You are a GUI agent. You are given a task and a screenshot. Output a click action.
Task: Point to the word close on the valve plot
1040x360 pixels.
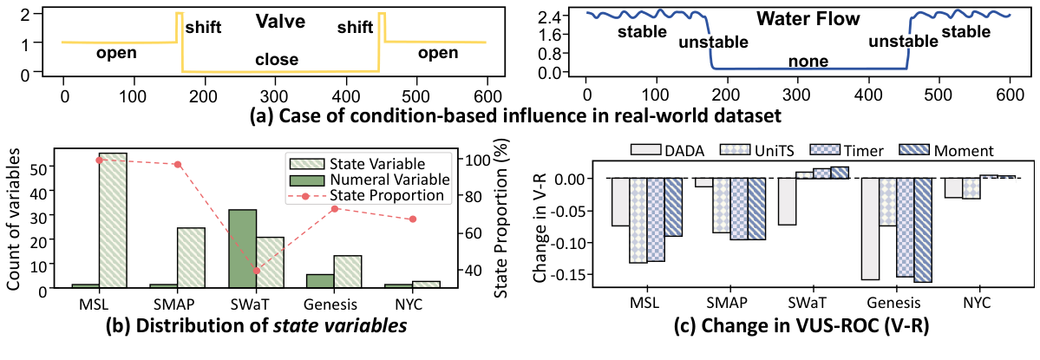[277, 60]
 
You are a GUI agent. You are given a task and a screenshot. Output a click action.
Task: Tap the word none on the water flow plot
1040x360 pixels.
[809, 62]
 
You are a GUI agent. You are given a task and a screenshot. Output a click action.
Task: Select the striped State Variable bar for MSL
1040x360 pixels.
[113, 220]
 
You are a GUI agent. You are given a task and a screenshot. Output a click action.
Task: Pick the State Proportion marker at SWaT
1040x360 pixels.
[256, 271]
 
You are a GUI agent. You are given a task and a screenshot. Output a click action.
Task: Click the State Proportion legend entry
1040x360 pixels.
[383, 196]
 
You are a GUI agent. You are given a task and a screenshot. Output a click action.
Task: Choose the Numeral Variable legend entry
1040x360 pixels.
[384, 180]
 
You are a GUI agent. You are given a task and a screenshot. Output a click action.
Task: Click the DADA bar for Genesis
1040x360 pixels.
[870, 229]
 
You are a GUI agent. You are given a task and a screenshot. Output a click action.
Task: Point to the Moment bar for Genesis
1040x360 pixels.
[922, 230]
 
